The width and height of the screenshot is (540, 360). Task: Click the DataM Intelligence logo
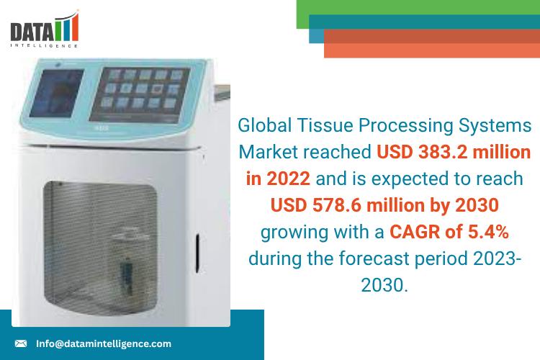click(x=45, y=29)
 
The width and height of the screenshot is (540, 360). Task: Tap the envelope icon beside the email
click(x=21, y=343)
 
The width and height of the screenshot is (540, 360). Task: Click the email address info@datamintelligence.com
click(x=103, y=343)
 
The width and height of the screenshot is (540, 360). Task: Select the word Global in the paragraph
click(x=265, y=125)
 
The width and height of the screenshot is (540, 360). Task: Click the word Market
click(x=268, y=152)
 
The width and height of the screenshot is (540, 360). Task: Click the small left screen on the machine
click(x=57, y=93)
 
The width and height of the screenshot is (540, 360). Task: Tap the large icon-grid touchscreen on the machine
click(x=140, y=94)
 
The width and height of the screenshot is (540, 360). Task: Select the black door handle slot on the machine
click(x=198, y=253)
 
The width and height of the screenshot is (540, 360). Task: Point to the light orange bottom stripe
click(x=432, y=50)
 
